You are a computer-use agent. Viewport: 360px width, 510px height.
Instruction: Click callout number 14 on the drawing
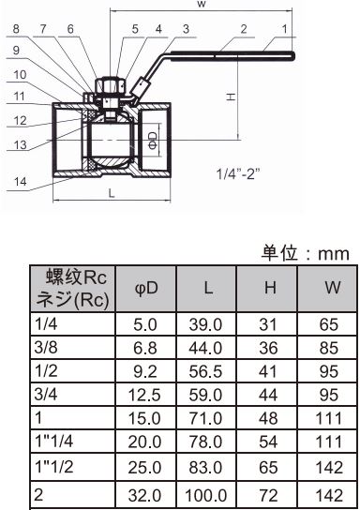20,181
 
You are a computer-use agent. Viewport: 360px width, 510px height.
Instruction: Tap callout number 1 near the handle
285,29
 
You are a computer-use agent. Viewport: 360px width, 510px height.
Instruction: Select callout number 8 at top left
16,29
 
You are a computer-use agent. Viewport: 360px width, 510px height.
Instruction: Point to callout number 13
20,144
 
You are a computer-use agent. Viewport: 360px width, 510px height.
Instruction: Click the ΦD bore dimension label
153,140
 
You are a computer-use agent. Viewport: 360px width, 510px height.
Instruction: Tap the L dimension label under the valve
112,193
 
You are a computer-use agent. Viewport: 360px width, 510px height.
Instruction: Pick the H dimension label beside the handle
231,97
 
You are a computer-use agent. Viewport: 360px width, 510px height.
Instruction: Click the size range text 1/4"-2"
238,173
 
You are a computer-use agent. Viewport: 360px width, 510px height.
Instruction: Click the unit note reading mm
334,254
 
